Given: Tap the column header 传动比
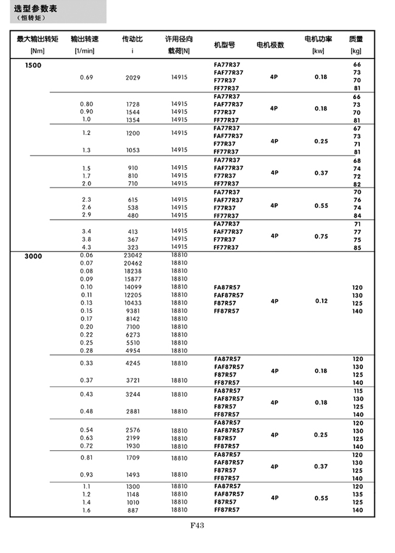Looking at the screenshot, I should pos(132,39).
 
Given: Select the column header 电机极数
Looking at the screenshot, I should pos(270,45).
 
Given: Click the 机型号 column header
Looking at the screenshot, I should pos(225,45).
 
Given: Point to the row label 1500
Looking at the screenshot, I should pos(33,65).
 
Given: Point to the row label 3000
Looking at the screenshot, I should pos(33,256).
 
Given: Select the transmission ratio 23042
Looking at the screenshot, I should pos(132,256).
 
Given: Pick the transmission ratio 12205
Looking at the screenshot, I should pos(132,295).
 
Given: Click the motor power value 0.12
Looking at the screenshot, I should pos(321,301).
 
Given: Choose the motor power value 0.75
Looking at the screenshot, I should pos(321,236).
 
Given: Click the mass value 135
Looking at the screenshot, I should pos(357,495).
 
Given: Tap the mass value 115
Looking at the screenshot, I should pos(357,391).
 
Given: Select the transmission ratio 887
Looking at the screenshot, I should pos(132,510).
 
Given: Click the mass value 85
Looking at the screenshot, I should pos(357,247).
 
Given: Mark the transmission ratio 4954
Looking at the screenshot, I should pos(132,351).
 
